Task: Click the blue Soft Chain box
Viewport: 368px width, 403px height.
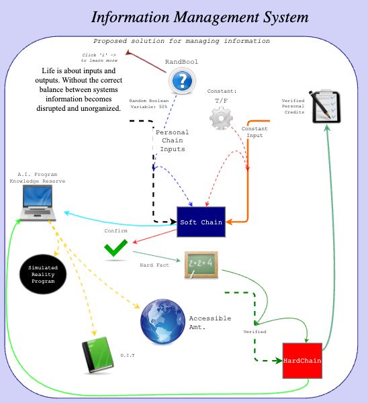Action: pos(201,222)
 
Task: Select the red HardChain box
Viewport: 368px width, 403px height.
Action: pos(302,361)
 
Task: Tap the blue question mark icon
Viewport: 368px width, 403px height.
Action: pos(181,81)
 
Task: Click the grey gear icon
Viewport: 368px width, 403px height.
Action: pos(221,118)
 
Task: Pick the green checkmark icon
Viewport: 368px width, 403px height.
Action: pos(116,251)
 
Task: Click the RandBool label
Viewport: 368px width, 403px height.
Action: pos(181,62)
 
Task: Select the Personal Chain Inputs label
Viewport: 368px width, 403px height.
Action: pos(172,140)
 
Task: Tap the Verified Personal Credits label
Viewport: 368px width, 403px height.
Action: pos(293,106)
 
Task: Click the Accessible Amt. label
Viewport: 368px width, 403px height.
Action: pos(210,322)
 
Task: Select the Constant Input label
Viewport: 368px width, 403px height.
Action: pos(254,132)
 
